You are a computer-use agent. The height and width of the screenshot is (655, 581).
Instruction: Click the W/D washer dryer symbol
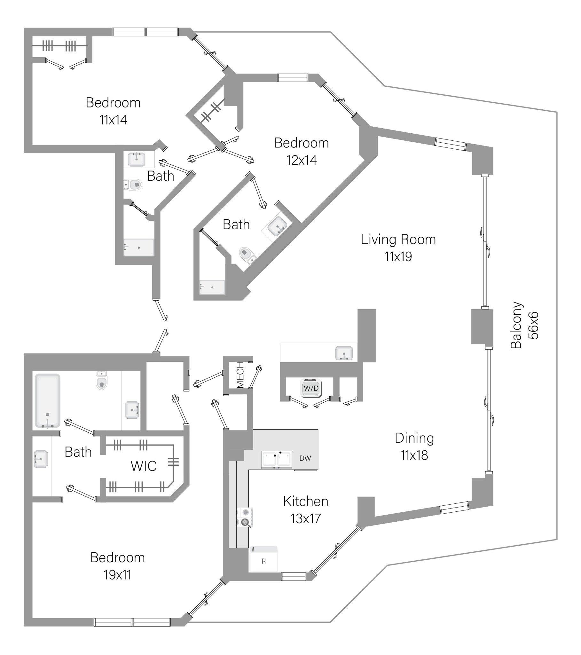(x=311, y=388)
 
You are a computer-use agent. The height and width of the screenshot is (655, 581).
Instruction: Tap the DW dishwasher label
(x=305, y=458)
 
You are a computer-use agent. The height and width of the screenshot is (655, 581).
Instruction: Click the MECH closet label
(x=240, y=375)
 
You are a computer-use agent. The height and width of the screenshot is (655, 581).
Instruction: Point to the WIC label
(x=143, y=466)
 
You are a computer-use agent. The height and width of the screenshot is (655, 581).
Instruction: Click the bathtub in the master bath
(x=47, y=400)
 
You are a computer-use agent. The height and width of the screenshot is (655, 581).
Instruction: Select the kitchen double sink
(x=276, y=459)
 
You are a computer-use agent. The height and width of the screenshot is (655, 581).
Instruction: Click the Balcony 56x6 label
(x=524, y=325)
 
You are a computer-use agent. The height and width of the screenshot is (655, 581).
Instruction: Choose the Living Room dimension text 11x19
(x=398, y=257)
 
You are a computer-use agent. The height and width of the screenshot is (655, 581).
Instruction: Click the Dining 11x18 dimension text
(x=414, y=455)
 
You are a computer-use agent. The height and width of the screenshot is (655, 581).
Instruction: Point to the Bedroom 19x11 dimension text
(x=117, y=575)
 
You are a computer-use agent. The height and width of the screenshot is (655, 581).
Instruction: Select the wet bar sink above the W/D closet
(x=344, y=353)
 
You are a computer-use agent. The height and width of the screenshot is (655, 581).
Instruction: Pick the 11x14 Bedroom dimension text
(x=113, y=120)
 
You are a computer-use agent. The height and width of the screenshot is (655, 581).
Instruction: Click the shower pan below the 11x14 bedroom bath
(x=139, y=248)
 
